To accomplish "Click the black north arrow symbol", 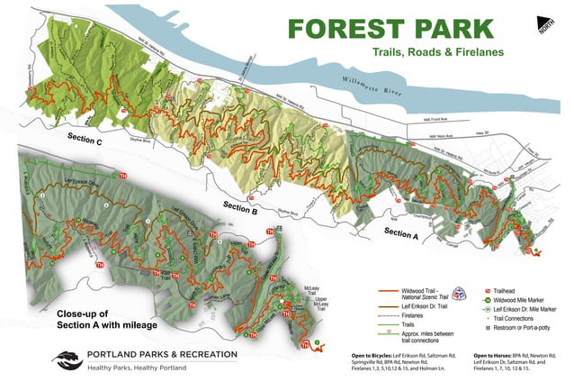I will click(x=546, y=23).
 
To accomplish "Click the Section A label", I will click(x=402, y=232).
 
